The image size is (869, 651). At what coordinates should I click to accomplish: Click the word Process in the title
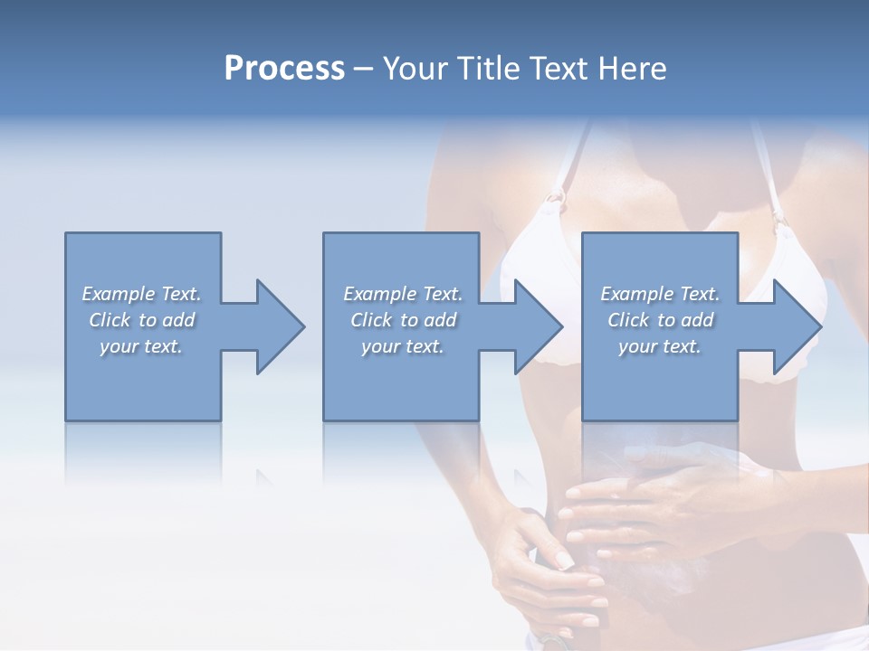[284, 69]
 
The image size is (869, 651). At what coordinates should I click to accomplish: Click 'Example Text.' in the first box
[141, 294]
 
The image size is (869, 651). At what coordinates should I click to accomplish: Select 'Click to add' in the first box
[142, 320]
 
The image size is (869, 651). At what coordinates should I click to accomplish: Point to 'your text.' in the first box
[141, 346]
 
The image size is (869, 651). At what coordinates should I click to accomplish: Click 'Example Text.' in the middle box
[403, 294]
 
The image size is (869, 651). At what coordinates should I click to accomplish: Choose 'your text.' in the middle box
[403, 346]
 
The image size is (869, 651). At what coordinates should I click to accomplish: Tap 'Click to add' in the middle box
[403, 320]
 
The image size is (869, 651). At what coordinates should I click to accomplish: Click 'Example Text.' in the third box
[660, 294]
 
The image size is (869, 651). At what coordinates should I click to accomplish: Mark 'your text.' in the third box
[660, 346]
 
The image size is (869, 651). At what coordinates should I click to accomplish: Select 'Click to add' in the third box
[660, 320]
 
